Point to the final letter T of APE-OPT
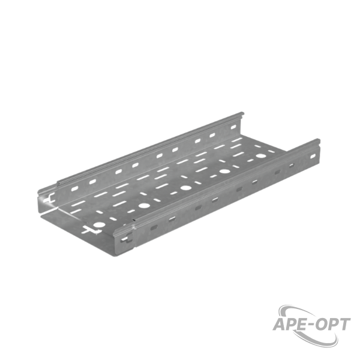[x=344, y=325]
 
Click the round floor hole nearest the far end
[x=261, y=156]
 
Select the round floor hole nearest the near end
[x=99, y=224]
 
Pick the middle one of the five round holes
[x=185, y=188]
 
